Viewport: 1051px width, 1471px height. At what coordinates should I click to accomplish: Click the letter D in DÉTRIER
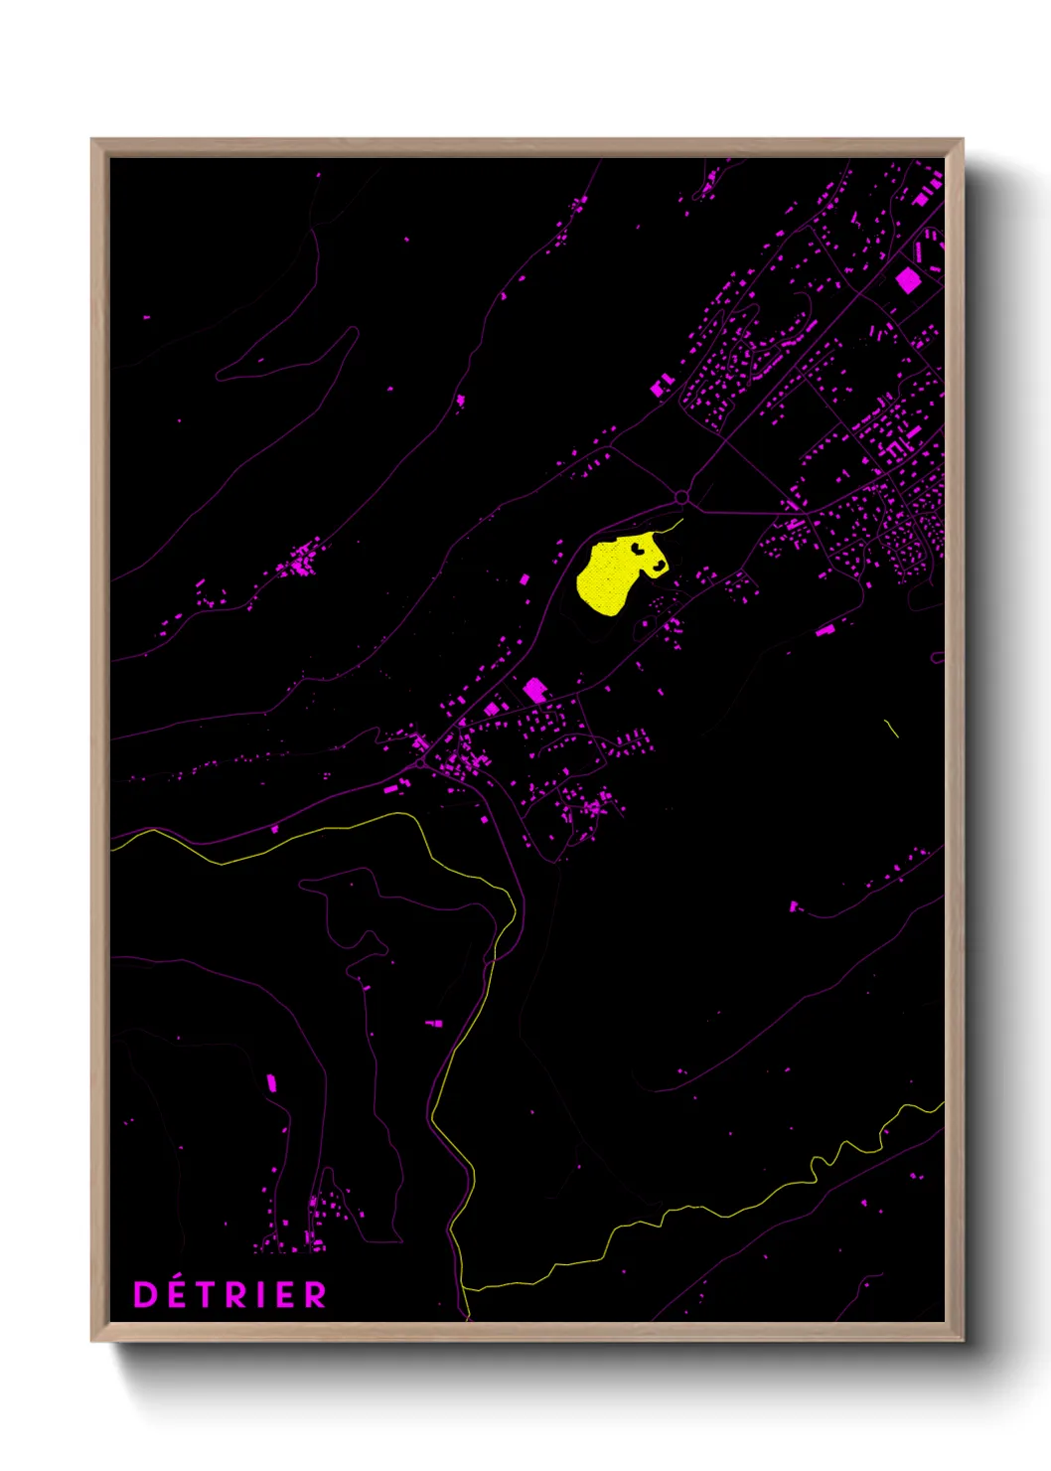point(145,1294)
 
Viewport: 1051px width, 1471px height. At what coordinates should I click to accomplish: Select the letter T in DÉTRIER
point(206,1294)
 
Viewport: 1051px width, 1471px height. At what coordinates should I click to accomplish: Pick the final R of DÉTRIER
point(315,1294)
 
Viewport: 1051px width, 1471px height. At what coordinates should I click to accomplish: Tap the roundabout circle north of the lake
point(681,497)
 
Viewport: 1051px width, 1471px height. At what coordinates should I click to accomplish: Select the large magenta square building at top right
point(908,280)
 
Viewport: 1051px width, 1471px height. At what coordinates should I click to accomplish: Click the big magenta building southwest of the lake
point(535,690)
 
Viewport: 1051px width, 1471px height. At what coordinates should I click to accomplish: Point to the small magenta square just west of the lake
point(525,578)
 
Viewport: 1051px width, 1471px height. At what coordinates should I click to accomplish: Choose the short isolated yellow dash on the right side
point(892,729)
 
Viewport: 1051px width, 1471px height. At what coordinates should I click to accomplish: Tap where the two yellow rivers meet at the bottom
point(465,1289)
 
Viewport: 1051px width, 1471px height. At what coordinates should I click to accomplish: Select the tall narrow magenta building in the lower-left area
point(271,1083)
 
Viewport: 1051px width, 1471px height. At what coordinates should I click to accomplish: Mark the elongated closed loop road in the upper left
point(288,358)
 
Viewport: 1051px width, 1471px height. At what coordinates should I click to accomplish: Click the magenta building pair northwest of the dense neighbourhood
point(662,386)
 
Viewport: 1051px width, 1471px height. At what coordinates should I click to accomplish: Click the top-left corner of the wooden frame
point(92,140)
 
